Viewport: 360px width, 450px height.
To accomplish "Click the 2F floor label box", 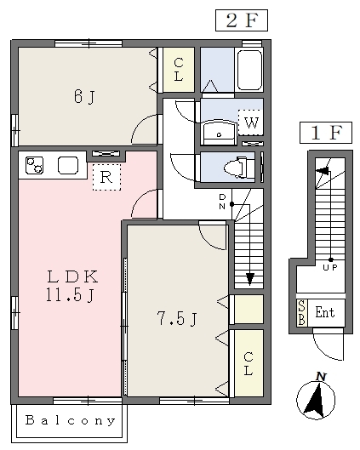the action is pyautogui.click(x=242, y=20).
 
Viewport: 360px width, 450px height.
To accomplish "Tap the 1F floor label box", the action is pyautogui.click(x=326, y=133).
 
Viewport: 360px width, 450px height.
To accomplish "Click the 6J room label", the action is pyautogui.click(x=84, y=96).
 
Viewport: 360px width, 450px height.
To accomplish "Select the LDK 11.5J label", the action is pyautogui.click(x=71, y=286).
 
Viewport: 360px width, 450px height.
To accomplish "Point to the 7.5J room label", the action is pyautogui.click(x=177, y=318).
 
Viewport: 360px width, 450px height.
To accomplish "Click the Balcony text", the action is pyautogui.click(x=71, y=420).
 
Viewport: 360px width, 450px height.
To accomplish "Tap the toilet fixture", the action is pyautogui.click(x=236, y=168).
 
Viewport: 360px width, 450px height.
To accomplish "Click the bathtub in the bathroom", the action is pyautogui.click(x=249, y=71).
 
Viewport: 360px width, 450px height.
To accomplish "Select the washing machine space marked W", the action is pyautogui.click(x=251, y=122).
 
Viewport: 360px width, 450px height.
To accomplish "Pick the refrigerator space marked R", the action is pyautogui.click(x=106, y=177).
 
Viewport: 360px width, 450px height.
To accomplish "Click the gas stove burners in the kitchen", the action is pyautogui.click(x=34, y=165).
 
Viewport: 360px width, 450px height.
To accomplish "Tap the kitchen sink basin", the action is pyautogui.click(x=68, y=165).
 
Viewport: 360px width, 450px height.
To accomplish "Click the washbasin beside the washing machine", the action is pyautogui.click(x=220, y=133).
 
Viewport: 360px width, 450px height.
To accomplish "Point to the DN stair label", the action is pyautogui.click(x=222, y=202).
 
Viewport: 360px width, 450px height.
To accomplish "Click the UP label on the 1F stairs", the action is pyautogui.click(x=330, y=268).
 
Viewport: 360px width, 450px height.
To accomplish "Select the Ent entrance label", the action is pyautogui.click(x=325, y=312).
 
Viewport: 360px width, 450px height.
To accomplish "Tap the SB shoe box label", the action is pyautogui.click(x=302, y=313).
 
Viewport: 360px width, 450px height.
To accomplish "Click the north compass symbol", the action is pyautogui.click(x=316, y=397).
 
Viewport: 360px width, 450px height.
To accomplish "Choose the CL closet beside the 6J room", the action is pyautogui.click(x=179, y=70).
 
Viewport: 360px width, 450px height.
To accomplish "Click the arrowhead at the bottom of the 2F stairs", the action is pyautogui.click(x=250, y=279).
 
